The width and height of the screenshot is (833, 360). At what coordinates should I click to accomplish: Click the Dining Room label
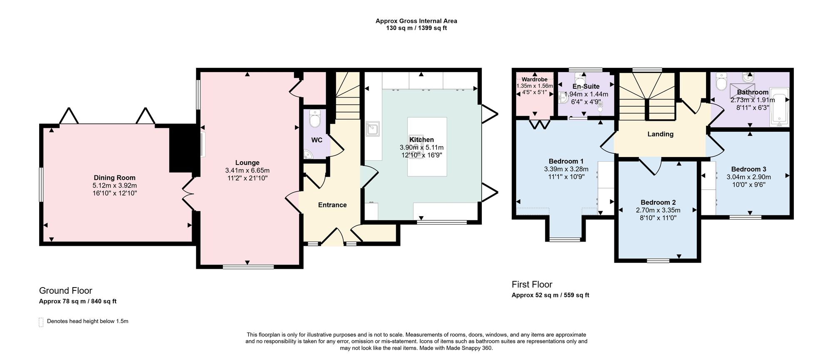pos(115,178)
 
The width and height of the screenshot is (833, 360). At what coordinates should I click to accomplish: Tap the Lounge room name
pos(247,163)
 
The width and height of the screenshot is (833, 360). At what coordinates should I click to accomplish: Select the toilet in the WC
pos(315,119)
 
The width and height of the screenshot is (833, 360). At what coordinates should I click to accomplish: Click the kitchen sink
pos(372,129)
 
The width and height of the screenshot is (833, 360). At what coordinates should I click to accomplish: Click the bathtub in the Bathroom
pos(779,107)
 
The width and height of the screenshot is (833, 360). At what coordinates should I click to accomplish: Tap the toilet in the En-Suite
pos(580,78)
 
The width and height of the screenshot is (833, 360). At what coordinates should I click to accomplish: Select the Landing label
pos(661,134)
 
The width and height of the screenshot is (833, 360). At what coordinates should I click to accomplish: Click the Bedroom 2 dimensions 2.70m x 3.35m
pos(658,210)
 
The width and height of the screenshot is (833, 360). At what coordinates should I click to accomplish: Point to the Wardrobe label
pos(534,80)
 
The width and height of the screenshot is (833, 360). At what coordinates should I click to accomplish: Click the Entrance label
pos(332,205)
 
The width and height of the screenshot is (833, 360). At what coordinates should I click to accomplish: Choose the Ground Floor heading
pos(66,291)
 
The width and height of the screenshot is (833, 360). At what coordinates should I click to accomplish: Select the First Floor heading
pos(532,285)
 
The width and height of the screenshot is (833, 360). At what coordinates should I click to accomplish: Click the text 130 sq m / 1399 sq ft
pos(416,28)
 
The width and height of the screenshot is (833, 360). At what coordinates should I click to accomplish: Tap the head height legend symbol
pos(41,322)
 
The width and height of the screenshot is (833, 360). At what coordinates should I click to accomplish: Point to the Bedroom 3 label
pos(748,169)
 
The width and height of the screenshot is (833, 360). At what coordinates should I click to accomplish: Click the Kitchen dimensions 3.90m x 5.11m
pos(421,147)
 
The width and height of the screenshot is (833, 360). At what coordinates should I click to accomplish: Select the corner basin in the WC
pos(309,155)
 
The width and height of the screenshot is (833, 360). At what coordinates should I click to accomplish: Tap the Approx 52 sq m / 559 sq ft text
pos(550,295)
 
